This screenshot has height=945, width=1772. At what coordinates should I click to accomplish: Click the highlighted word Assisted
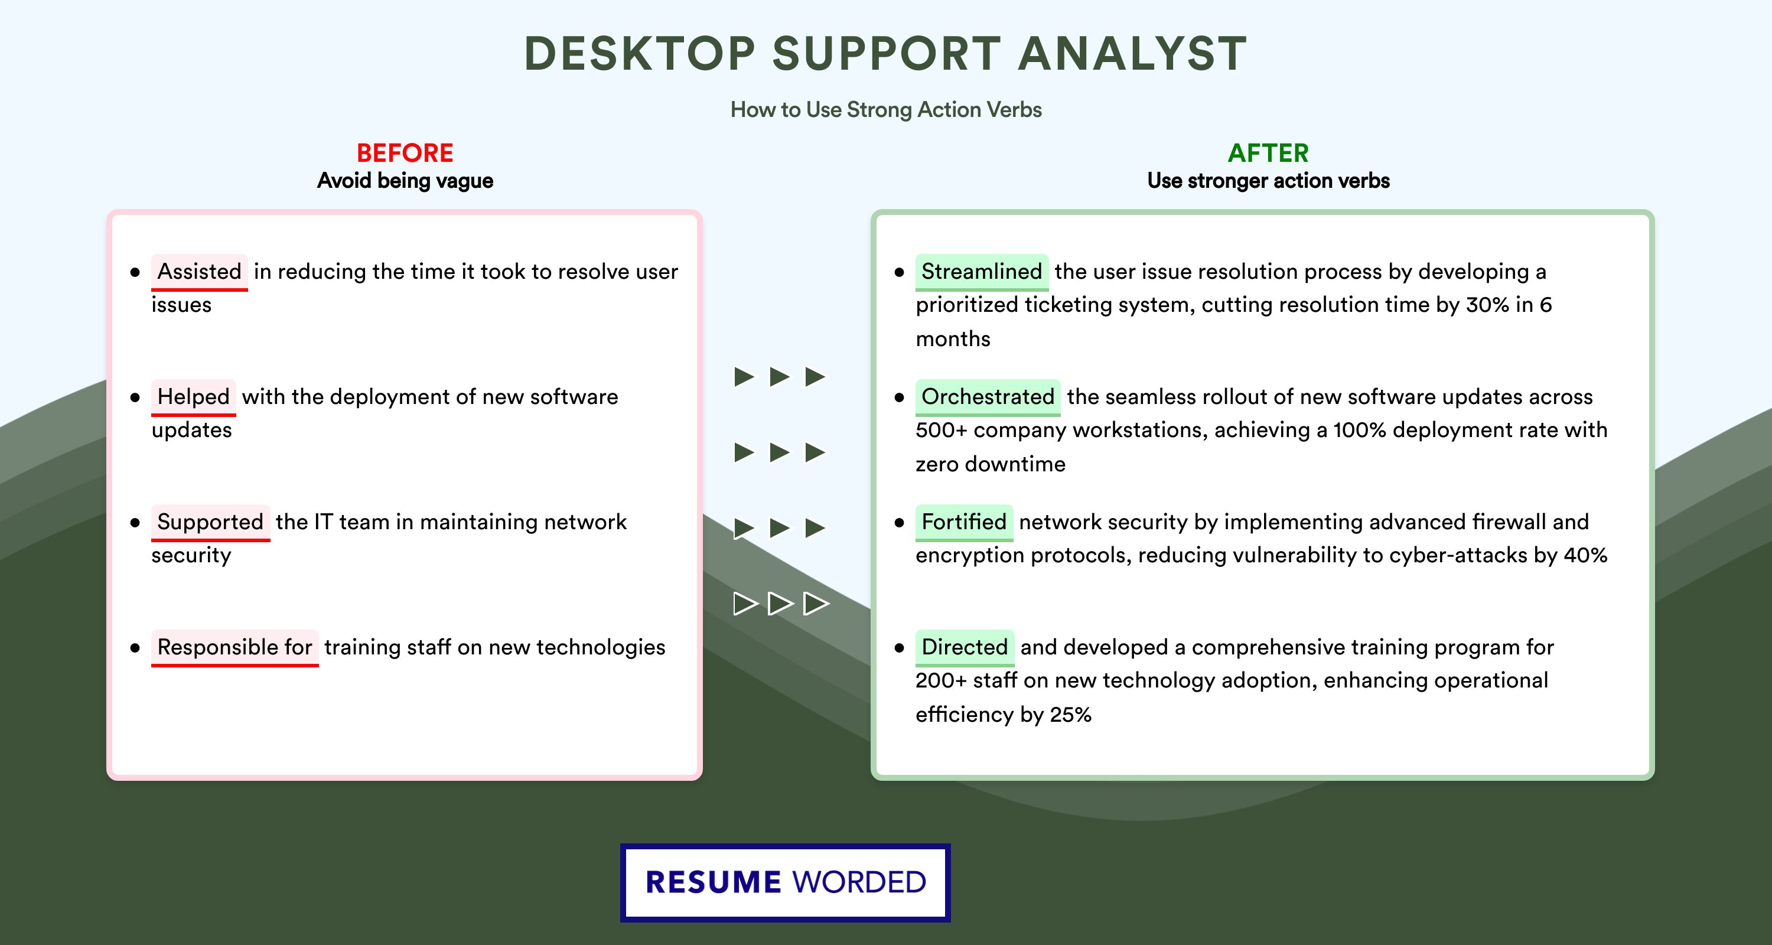tap(200, 272)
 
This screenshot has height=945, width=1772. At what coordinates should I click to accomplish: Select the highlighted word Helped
tap(193, 397)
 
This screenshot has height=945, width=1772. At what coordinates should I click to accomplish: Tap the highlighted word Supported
tap(210, 522)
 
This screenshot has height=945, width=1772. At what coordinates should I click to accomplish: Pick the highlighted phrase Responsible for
tap(234, 647)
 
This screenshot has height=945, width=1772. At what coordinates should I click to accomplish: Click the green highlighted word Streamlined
tap(982, 272)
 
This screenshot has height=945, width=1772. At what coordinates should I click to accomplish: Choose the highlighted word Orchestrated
tap(988, 397)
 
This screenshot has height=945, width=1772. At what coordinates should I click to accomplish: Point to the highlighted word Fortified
tap(964, 522)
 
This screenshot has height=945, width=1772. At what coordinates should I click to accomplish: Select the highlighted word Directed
tap(965, 647)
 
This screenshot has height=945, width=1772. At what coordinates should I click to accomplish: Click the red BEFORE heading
tap(405, 153)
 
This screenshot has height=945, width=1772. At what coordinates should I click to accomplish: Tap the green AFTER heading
tap(1269, 153)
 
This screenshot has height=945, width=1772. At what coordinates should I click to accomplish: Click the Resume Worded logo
tap(786, 882)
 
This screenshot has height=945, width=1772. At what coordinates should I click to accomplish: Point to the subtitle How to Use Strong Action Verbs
tap(886, 109)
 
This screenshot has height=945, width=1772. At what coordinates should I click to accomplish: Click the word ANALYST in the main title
tap(1132, 53)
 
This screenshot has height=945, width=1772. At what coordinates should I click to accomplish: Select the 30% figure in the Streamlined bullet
tap(1488, 305)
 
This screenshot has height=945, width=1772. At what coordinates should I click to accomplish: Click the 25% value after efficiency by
tap(1070, 715)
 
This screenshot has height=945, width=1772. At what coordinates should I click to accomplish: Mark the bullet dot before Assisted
tap(135, 272)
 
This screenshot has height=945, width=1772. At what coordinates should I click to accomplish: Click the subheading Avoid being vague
tap(405, 181)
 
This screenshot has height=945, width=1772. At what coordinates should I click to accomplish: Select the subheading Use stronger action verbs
tap(1269, 181)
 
